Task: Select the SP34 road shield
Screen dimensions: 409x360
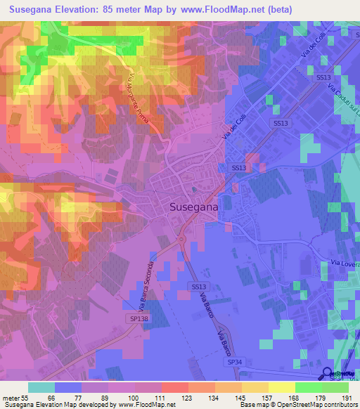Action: pyautogui.click(x=234, y=361)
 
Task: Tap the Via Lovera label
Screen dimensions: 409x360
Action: pyautogui.click(x=344, y=264)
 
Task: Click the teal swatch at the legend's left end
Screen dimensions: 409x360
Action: pyautogui.click(x=41, y=387)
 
